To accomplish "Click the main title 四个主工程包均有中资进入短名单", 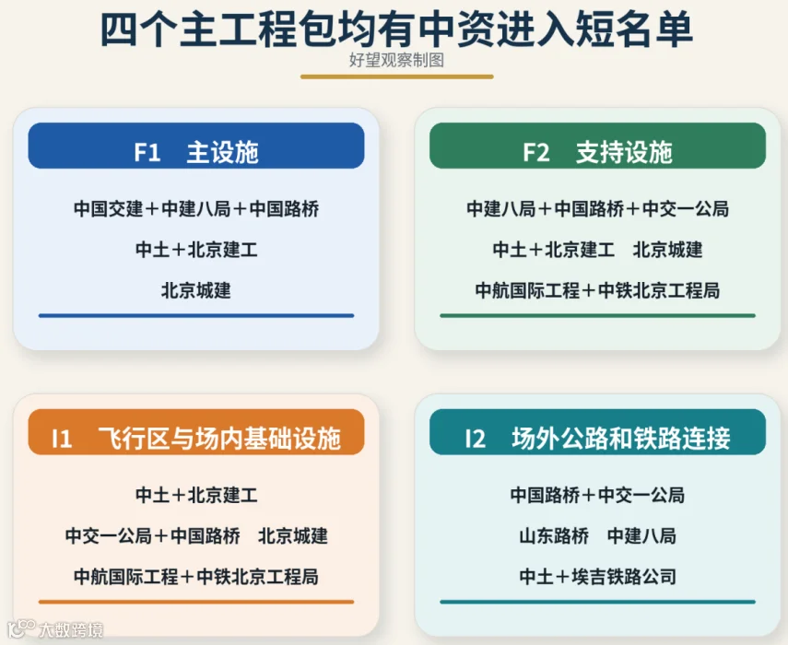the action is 396,29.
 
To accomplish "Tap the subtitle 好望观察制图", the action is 396,60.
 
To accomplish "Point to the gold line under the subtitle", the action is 396,76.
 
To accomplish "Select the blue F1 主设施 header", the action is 196,146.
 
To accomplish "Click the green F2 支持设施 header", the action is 597,146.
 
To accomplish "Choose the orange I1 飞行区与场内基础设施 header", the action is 196,432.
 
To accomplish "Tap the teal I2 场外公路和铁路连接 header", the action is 597,432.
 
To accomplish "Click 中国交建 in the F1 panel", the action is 109,209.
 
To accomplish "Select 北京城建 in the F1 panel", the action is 196,290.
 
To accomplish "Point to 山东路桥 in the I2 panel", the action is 554,536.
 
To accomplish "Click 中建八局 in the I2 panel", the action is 641,536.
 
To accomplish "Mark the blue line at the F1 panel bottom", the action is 196,315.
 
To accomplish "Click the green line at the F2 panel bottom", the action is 597,315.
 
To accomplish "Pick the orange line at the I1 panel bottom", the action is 196,602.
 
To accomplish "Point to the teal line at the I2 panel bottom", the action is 597,602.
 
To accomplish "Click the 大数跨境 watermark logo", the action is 55,629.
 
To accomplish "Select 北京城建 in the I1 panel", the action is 292,536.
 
